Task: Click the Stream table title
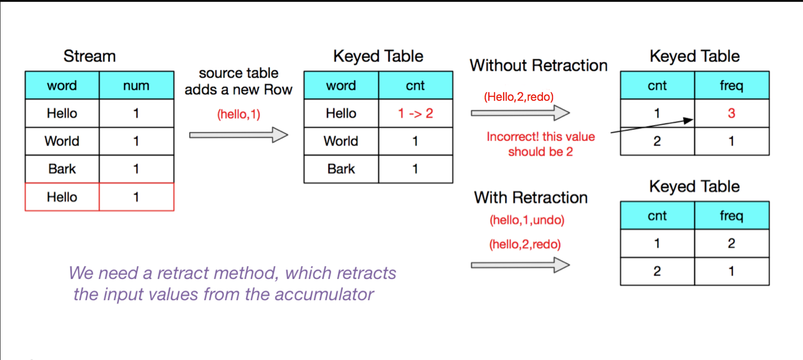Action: point(89,56)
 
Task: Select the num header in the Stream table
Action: point(136,86)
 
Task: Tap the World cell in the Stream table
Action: point(62,141)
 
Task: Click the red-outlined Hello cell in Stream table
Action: point(62,197)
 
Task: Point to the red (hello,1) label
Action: point(239,114)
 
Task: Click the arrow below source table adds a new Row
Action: point(238,135)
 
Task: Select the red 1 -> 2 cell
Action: point(415,113)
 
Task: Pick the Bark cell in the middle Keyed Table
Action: point(341,169)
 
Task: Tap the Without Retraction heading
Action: point(538,65)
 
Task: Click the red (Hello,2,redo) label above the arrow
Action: point(519,97)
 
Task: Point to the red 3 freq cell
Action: point(731,113)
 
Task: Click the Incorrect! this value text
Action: point(541,137)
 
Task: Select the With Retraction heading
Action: point(531,197)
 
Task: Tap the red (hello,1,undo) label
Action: point(527,220)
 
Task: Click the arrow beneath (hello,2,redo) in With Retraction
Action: point(520,265)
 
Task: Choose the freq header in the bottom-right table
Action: point(731,215)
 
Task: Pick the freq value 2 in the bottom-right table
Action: point(731,243)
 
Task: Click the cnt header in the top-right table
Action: point(657,86)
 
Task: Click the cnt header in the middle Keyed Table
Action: point(415,86)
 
